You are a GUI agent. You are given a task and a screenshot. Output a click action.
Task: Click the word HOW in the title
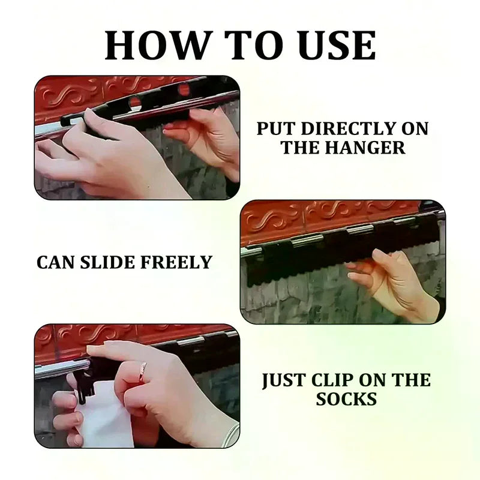click(158, 46)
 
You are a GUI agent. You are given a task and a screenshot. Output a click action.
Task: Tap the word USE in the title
click(337, 46)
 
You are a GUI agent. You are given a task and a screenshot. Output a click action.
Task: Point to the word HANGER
click(365, 148)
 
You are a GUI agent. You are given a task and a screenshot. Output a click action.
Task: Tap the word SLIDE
click(107, 262)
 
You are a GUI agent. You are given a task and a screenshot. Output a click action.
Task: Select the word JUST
click(284, 380)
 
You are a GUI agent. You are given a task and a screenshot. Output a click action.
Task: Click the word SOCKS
click(346, 399)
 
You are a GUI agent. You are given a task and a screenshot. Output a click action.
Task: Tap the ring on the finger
click(143, 371)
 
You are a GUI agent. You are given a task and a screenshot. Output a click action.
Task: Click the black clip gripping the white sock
click(84, 385)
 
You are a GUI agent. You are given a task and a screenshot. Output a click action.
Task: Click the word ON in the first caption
click(415, 128)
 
